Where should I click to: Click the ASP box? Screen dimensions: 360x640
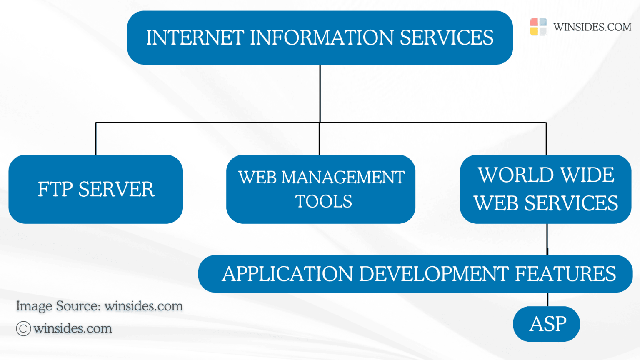[546, 324]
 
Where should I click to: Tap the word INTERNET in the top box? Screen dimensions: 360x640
[195, 37]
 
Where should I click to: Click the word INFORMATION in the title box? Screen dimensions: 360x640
[322, 37]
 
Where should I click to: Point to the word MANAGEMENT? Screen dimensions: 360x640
[343, 177]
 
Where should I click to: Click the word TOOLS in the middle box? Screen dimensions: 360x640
[323, 202]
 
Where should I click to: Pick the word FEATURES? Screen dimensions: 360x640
[565, 274]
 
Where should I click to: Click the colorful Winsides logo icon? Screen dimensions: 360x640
[538, 27]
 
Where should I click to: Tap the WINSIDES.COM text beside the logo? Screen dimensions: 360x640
[592, 27]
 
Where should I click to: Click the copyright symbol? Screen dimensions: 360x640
[23, 329]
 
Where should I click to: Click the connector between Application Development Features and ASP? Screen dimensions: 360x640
[547, 299]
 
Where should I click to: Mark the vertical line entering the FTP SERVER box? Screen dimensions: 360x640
[96, 139]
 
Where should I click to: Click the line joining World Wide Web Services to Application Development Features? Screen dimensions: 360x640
[547, 239]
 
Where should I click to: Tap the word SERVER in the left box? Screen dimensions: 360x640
[116, 190]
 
